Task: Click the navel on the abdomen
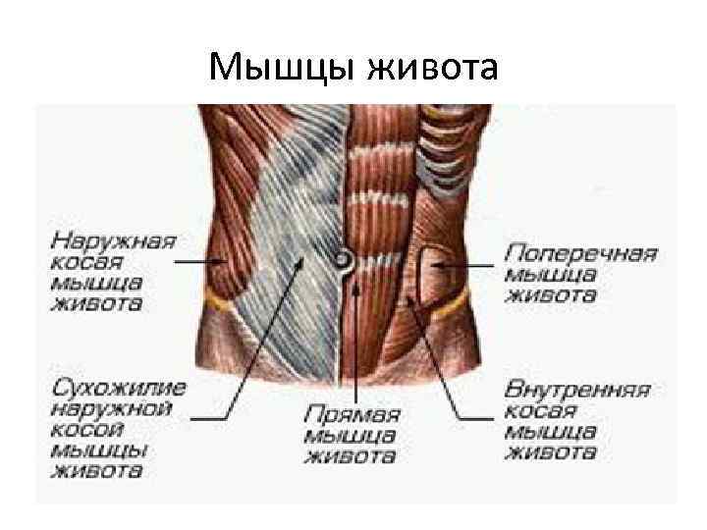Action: pos(344,260)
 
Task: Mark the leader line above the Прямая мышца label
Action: pos(355,334)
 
